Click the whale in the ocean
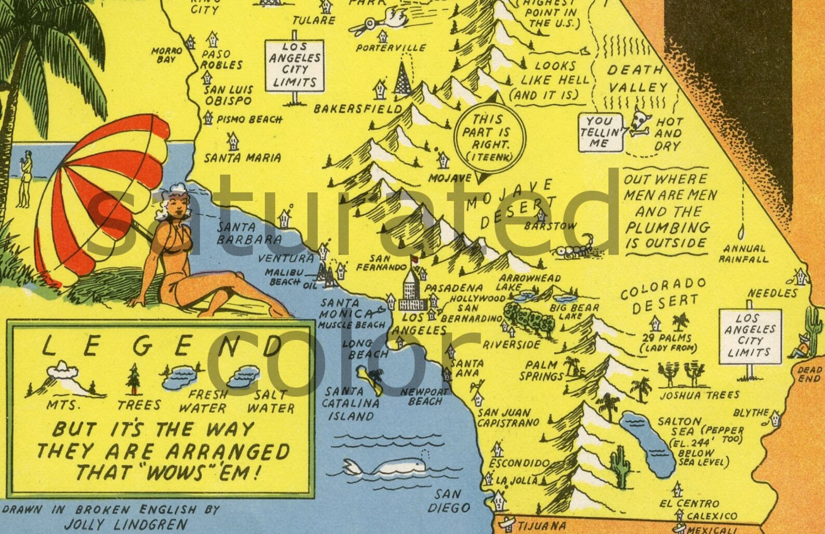point(387,466)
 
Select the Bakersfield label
point(358,109)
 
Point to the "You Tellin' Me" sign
point(600,131)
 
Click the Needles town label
point(773,293)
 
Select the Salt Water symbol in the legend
point(248,376)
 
